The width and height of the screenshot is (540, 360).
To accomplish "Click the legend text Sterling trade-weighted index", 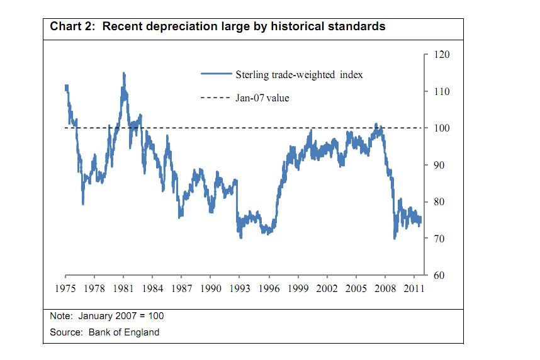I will point(299,74).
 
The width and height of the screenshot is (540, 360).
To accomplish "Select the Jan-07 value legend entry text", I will point(262,98).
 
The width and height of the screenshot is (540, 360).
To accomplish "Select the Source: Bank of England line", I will point(104,332).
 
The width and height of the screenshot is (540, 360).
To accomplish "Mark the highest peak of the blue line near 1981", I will point(123,73).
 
